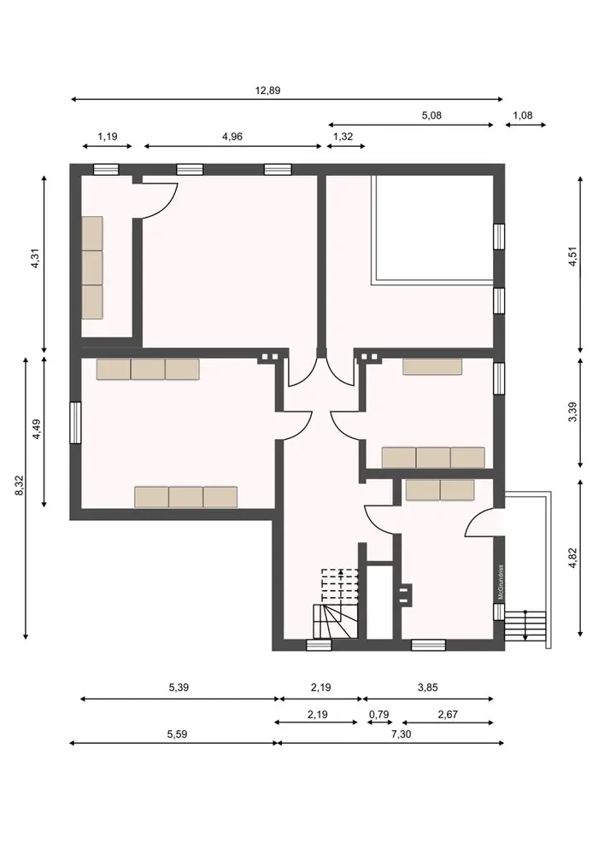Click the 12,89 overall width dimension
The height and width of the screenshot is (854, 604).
268,91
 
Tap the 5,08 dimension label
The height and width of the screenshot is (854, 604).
431,115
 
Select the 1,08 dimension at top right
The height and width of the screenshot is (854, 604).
523,115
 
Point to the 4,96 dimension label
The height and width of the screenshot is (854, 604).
232,137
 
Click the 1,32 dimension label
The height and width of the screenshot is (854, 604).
343,137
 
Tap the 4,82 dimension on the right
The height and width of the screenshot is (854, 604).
572,558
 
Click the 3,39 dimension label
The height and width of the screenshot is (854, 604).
572,412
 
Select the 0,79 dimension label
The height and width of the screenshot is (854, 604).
379,714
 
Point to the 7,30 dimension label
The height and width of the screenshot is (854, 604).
402,734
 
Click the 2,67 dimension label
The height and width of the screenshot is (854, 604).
448,714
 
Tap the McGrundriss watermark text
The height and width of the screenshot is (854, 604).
501,582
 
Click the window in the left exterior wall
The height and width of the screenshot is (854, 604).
75,423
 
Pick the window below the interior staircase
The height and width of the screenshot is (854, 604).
320,646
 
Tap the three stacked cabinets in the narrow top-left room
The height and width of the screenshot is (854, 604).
92,267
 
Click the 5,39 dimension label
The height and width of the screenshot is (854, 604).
179,687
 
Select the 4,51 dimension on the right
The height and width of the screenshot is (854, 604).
572,257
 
